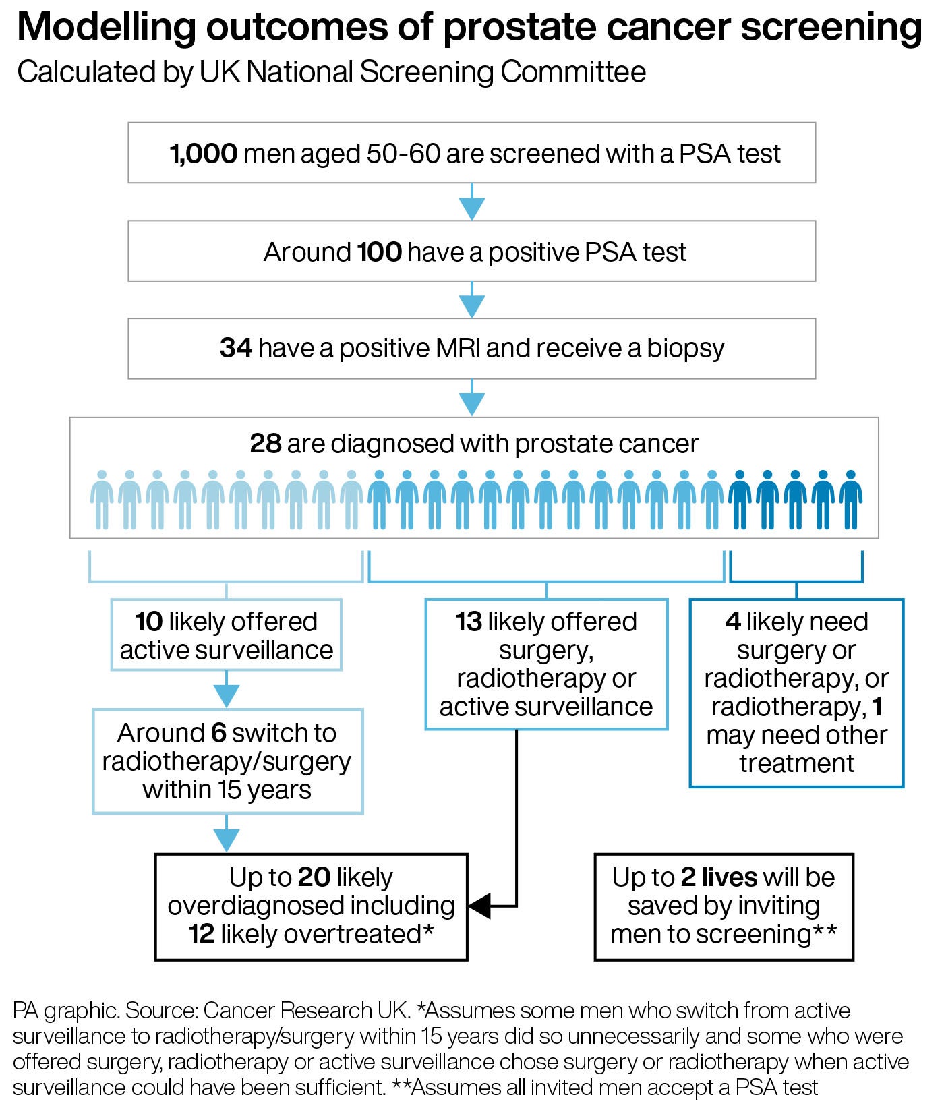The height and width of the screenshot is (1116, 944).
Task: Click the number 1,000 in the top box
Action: tap(203, 154)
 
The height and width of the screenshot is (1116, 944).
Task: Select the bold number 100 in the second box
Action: tap(379, 252)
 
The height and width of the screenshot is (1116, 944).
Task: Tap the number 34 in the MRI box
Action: tap(235, 348)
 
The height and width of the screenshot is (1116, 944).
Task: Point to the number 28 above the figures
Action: tap(265, 444)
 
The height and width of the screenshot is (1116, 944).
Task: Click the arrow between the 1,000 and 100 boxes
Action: tap(471, 202)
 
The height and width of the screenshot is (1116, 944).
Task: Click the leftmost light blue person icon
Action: tap(102, 499)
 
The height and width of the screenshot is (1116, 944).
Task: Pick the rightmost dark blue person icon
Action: tap(851, 499)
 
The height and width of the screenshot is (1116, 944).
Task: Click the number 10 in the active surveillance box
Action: tap(148, 622)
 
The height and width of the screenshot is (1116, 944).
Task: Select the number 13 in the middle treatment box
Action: tap(468, 622)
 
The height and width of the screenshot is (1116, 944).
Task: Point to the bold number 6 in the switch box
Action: tap(218, 733)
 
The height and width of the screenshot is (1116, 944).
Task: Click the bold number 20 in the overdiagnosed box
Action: tap(314, 877)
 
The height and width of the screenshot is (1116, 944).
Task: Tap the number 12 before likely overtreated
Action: tap(201, 934)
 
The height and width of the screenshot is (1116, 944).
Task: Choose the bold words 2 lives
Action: tap(719, 877)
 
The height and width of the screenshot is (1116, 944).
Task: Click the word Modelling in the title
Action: tap(106, 28)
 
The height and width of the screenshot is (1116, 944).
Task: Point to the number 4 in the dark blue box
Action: tap(732, 622)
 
